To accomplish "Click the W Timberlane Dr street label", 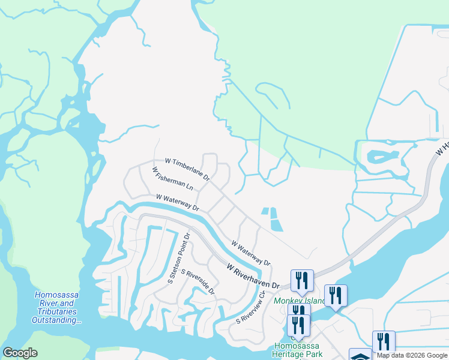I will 187,169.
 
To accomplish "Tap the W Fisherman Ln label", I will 172,178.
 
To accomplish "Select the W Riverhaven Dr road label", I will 253,277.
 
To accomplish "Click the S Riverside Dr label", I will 198,281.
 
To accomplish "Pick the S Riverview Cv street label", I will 251,307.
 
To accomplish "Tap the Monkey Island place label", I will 298,301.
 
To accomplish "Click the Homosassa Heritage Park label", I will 298,350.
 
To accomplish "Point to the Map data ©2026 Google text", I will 412,355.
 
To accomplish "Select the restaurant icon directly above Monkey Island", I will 301,280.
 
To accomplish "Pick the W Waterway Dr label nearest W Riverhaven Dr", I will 251,253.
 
